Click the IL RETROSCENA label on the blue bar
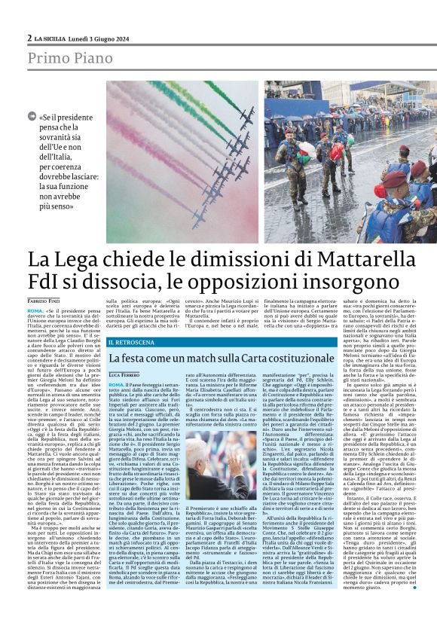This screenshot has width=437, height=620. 136,342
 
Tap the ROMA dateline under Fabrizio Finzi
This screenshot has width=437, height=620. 35,310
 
